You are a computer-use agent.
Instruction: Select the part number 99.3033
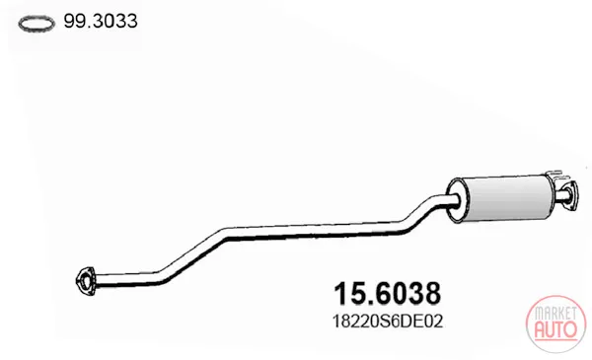pos(101,21)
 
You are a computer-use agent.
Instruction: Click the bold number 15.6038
pos(388,293)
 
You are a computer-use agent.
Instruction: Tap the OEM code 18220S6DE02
pos(388,322)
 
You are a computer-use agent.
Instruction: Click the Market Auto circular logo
pos(555,324)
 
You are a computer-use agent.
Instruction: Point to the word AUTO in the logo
pos(555,329)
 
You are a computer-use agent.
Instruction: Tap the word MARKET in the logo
pos(555,314)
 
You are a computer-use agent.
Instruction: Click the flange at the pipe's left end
pos(85,280)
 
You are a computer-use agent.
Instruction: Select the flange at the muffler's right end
pos(569,194)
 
